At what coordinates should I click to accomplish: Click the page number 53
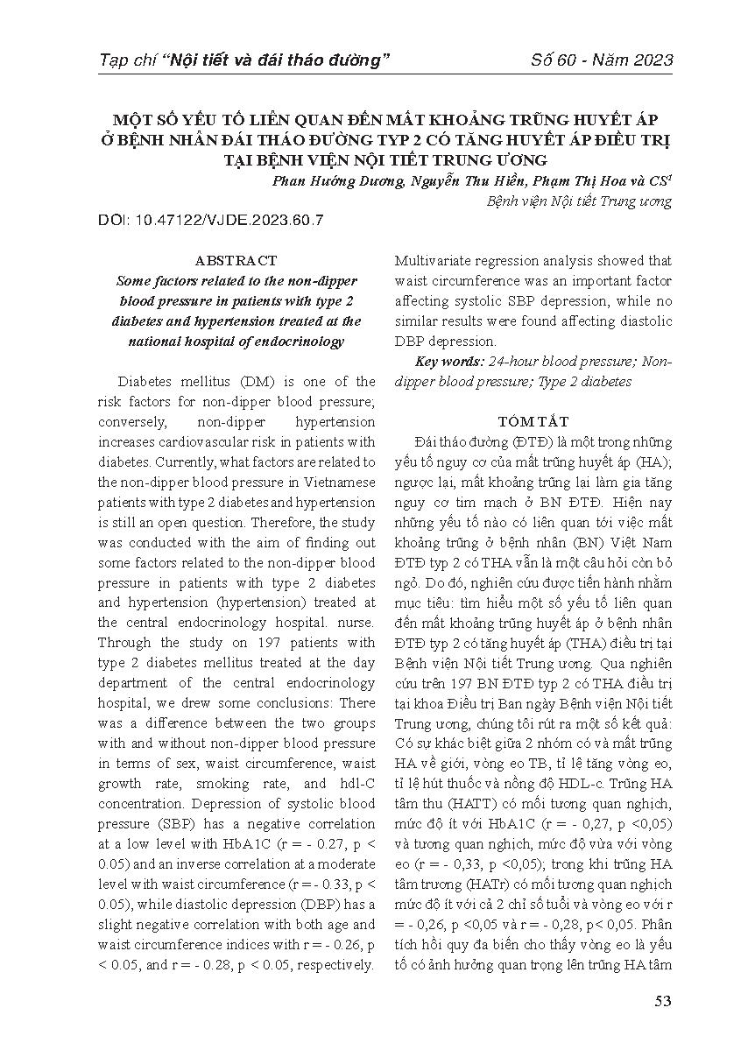(662, 1001)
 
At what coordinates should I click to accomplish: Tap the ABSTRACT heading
(236, 260)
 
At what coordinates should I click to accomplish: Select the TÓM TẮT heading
(533, 420)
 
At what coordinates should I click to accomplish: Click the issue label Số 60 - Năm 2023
(603, 60)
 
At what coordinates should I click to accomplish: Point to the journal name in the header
(245, 60)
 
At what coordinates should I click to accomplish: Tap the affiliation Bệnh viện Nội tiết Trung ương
(579, 201)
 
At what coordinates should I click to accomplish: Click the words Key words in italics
(447, 361)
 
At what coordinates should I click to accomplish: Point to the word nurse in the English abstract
(359, 623)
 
